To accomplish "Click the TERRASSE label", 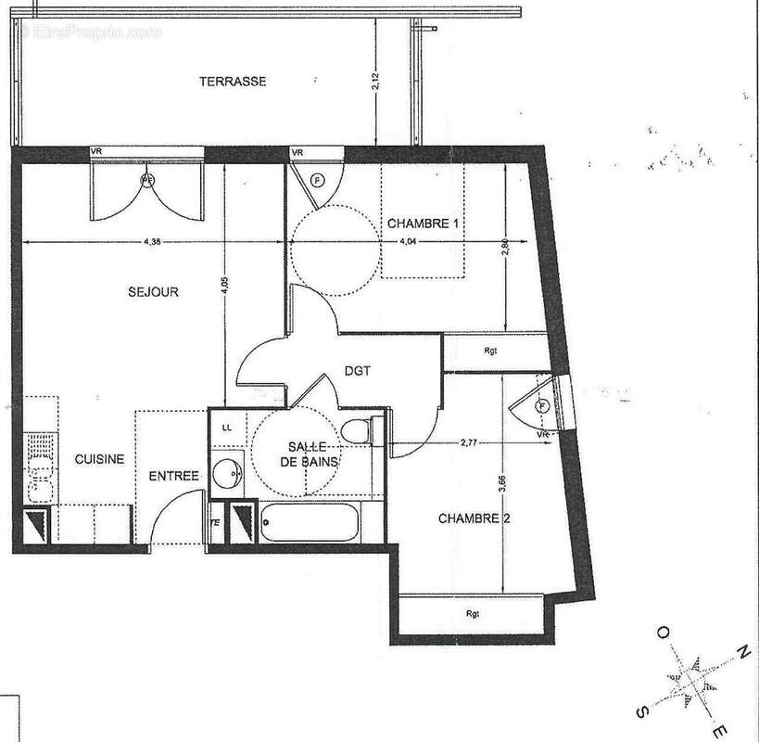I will click(x=233, y=82).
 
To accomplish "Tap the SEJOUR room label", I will click(x=153, y=292).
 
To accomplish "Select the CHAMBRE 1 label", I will click(x=424, y=224).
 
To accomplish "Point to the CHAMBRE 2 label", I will click(x=475, y=518).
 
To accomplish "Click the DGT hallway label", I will click(x=357, y=370).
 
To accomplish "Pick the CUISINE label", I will click(x=99, y=457).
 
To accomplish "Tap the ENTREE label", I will click(x=175, y=476).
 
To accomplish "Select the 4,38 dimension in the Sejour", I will click(x=153, y=242).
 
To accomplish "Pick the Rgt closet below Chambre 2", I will click(x=473, y=613).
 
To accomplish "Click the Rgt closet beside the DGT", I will click(x=490, y=352).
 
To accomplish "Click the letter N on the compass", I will click(x=740, y=654).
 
